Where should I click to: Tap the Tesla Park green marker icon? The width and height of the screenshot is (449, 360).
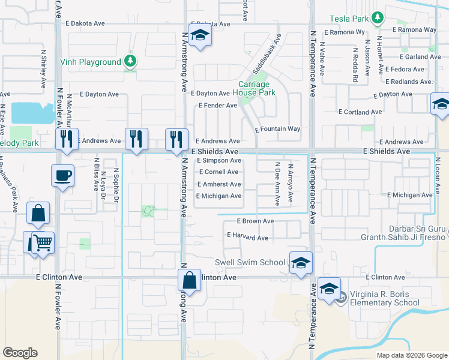377,18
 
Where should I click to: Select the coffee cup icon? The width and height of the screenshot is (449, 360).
63,176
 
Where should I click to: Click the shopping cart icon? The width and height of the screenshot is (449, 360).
42,243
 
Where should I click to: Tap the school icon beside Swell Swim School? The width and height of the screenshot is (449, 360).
301,262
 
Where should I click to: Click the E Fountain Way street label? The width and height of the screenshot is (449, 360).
277,129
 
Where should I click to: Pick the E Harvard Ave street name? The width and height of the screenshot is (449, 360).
247,238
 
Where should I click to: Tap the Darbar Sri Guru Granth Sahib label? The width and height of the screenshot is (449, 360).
403,232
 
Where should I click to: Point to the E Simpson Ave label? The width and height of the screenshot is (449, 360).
218,161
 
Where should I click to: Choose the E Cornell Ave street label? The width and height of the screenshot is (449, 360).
218,172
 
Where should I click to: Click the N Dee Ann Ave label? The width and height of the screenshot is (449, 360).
277,184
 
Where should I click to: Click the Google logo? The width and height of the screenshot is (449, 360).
20,352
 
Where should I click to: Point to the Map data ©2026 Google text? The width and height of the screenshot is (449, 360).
411,355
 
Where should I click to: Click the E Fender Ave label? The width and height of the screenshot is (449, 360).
218,106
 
